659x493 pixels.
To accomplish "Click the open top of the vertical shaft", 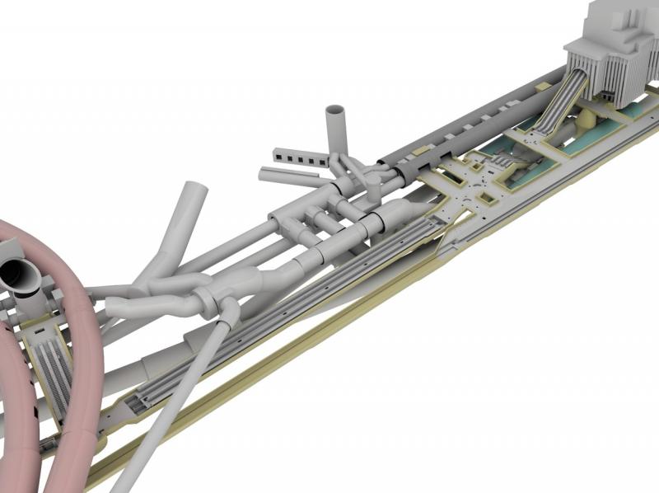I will tap(335, 109).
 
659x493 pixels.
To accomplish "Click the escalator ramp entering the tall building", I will tap(557, 103).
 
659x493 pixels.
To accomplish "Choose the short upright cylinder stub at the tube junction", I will tap(373, 189).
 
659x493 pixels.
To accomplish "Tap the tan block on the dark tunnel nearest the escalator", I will tap(516, 102).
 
